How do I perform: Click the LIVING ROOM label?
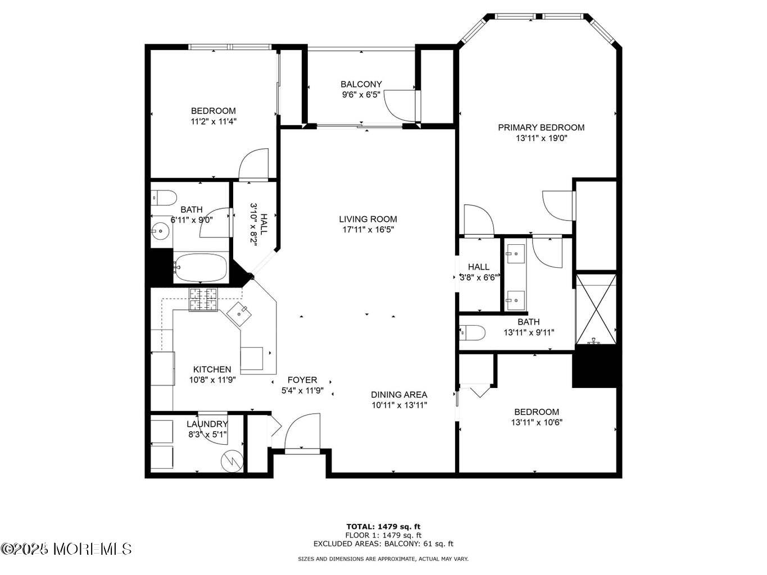pos(367,219)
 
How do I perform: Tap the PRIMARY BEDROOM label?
pos(541,127)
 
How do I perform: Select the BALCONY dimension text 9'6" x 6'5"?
pos(361,95)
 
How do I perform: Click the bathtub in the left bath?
pos(200,268)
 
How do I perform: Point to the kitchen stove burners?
pos(203,299)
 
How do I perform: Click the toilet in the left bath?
pos(164,198)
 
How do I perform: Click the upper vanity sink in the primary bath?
pos(515,254)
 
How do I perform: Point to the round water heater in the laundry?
pos(233,460)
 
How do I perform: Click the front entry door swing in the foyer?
pos(302,431)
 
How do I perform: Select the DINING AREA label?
pos(399,395)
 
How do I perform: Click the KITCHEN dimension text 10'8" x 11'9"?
pos(212,380)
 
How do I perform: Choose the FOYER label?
pos(302,380)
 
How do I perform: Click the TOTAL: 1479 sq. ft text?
pos(383,527)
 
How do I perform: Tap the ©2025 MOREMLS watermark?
pos(66,549)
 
